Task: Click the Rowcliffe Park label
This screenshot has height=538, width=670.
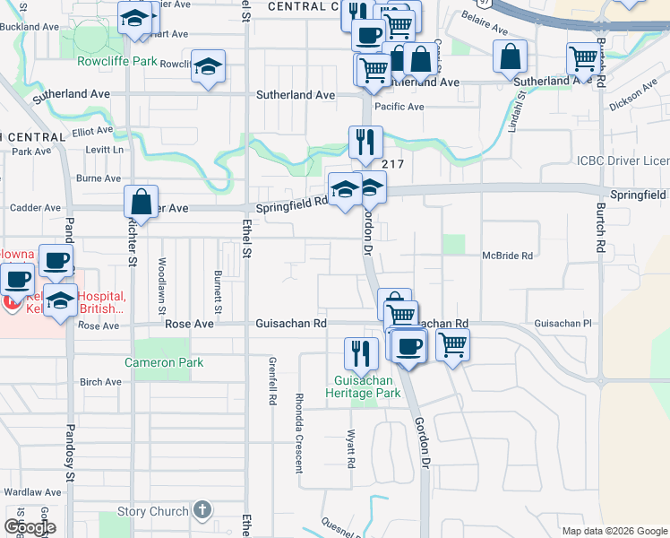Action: pos(117,62)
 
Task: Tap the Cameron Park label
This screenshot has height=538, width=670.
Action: pos(164,363)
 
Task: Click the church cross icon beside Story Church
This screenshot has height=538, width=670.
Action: pos(202,511)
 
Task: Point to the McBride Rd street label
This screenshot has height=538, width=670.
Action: pos(507,256)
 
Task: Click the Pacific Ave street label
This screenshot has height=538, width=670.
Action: pos(399,107)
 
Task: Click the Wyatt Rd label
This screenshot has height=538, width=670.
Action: pos(352,448)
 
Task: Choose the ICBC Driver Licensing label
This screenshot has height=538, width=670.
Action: pos(623,161)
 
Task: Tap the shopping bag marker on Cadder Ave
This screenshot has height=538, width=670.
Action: pos(142,201)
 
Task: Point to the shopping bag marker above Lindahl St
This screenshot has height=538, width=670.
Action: pos(510,56)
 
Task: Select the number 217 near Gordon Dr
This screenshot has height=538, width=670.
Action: pos(392,164)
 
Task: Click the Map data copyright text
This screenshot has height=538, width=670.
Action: pos(613,531)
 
